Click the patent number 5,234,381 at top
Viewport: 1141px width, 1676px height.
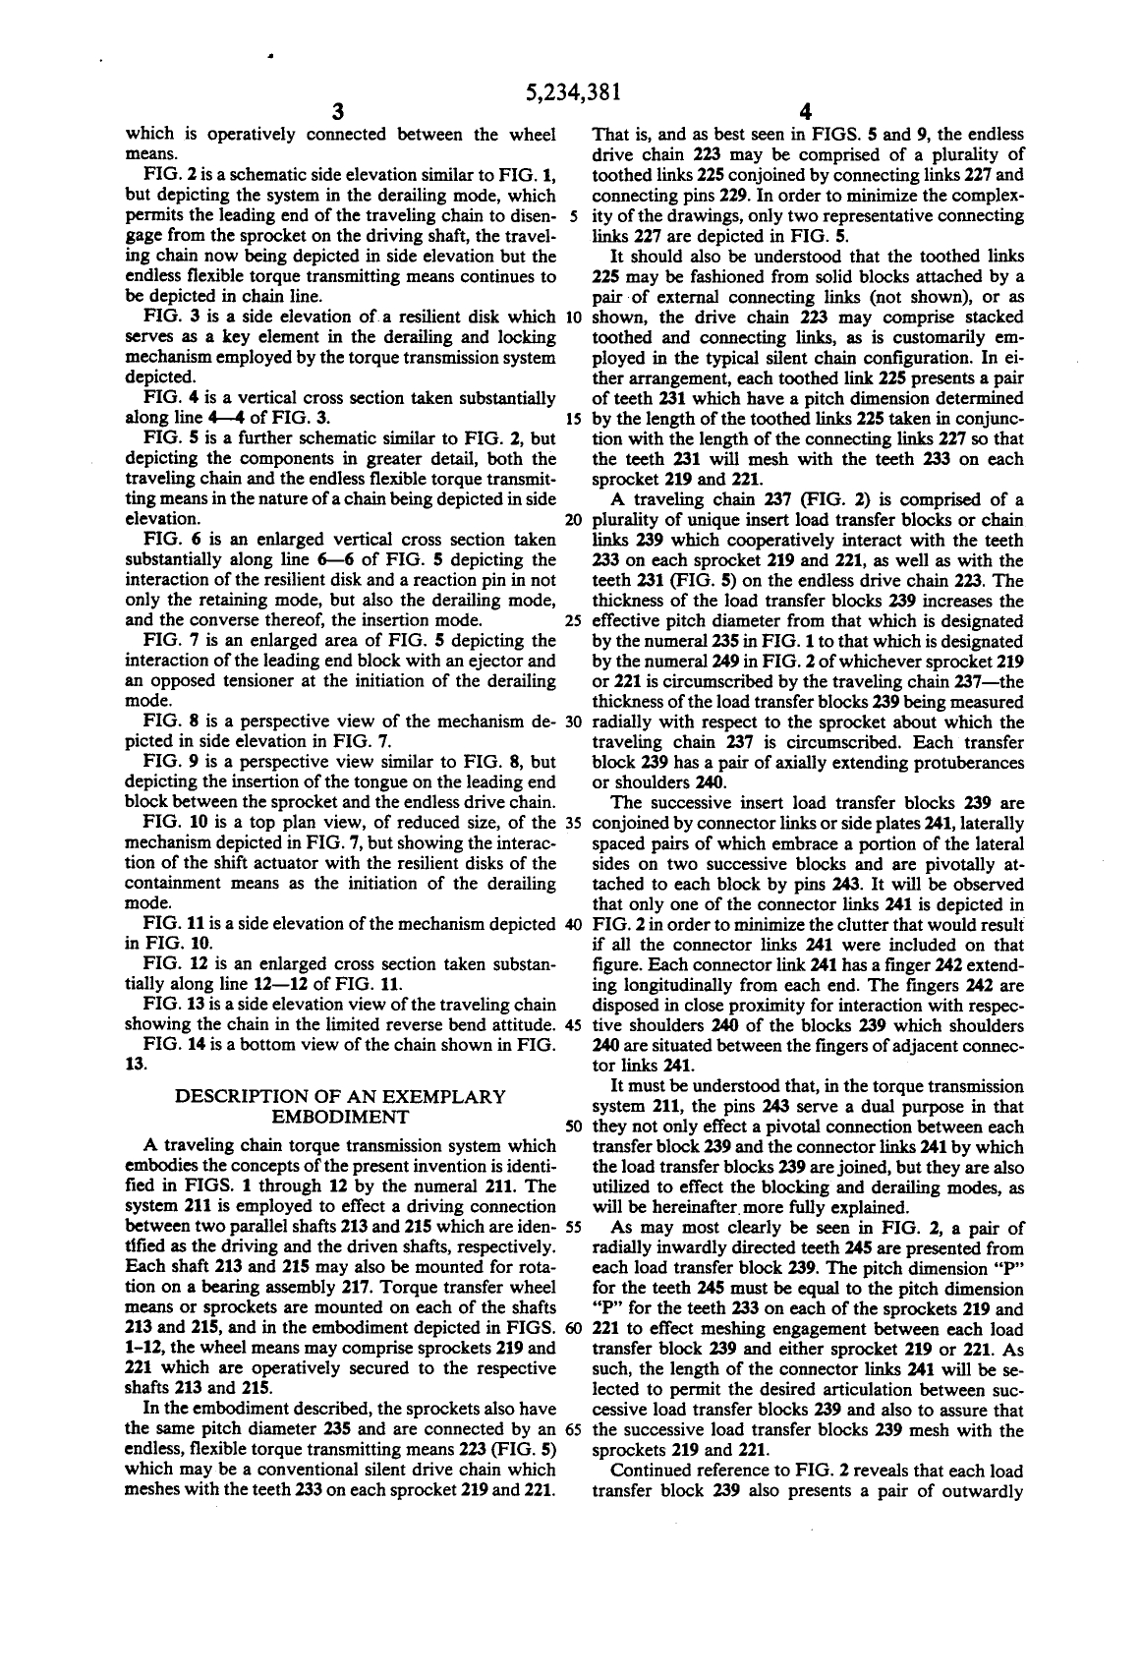pos(571,92)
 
